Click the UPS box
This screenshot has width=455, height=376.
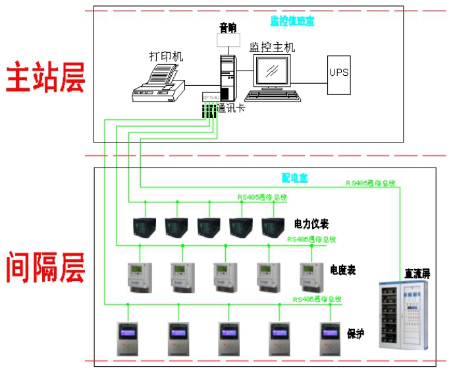[340, 71]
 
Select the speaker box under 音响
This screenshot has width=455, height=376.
[228, 41]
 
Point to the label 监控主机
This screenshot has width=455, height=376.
[272, 47]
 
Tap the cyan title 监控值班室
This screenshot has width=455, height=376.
[292, 21]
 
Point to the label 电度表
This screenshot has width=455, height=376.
[342, 270]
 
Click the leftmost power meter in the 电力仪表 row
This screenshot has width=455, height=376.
[144, 226]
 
